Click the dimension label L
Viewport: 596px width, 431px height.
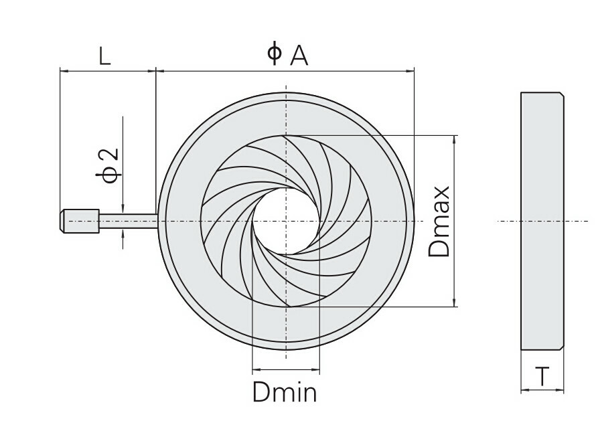pos(105,56)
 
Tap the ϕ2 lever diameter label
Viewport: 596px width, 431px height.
pos(108,165)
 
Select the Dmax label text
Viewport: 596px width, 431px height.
pos(439,222)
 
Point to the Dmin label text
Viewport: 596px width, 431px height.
pos(285,392)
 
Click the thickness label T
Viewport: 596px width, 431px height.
pos(542,377)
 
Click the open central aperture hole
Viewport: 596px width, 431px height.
pos(286,221)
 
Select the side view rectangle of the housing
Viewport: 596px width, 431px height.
pos(542,221)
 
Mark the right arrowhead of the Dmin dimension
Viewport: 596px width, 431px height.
pos(317,369)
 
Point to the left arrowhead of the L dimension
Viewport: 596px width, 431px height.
pos(64,70)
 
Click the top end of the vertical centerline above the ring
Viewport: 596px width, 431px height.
pos(286,87)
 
